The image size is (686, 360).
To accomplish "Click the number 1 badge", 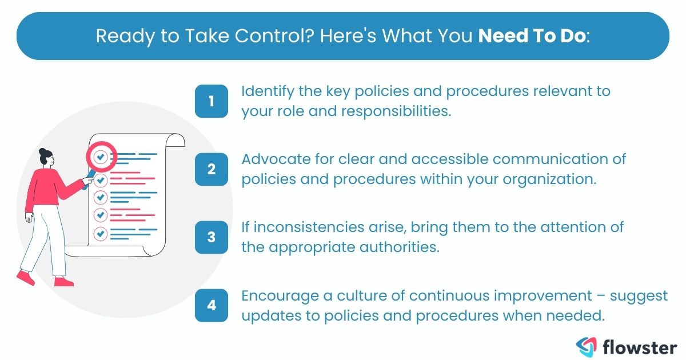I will [212, 102].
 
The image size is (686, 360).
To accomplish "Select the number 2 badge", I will [212, 169].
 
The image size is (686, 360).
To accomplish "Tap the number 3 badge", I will [212, 236].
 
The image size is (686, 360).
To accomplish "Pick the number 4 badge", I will [212, 305].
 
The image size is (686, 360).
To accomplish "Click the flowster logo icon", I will [588, 345].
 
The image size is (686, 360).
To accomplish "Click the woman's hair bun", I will [42, 151].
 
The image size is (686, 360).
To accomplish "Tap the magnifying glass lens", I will [101, 156].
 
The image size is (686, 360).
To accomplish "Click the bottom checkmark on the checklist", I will [101, 233].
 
